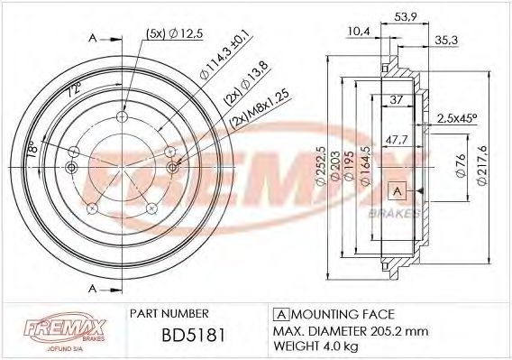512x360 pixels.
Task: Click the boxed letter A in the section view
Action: click(397, 190)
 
